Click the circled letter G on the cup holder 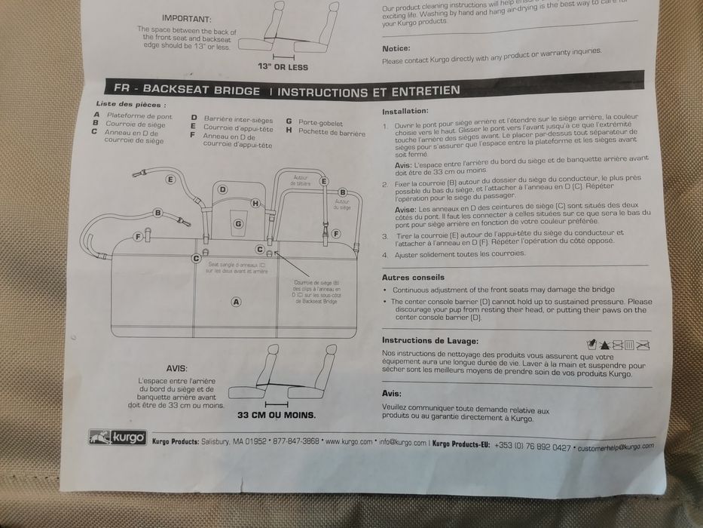[238, 223]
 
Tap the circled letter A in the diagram [236, 302]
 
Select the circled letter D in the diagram [223, 189]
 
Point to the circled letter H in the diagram [255, 203]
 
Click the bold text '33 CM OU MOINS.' [277, 415]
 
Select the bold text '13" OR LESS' [283, 67]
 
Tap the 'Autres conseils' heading [412, 278]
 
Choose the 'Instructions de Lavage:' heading [429, 340]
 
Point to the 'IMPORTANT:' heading [186, 17]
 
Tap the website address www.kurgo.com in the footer [348, 443]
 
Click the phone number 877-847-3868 [295, 443]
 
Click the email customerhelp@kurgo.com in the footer [613, 447]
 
